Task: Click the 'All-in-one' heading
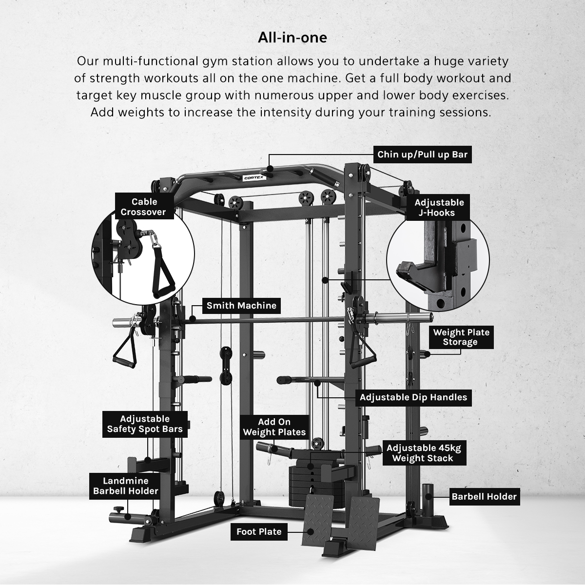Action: coord(292,38)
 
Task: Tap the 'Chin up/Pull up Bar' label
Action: coord(422,155)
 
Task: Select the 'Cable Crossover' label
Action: coord(144,206)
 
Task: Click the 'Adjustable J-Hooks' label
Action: coord(439,207)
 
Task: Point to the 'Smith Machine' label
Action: coord(241,305)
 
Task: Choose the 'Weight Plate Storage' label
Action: coord(461,337)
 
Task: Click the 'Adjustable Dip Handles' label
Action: coord(413,397)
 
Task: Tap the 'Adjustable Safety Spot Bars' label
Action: coord(145,424)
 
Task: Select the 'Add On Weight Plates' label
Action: coord(274,427)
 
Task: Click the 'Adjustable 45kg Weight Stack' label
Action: coord(424,453)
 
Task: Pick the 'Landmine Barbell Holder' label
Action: coord(125,486)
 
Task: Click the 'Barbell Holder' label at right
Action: coord(484,497)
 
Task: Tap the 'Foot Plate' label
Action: coord(259,531)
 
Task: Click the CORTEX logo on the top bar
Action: coord(254,178)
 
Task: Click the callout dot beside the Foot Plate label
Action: coord(310,531)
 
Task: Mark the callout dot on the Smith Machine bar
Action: coord(192,319)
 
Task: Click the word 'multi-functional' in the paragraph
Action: coord(150,61)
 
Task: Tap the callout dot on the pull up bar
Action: coord(270,169)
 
